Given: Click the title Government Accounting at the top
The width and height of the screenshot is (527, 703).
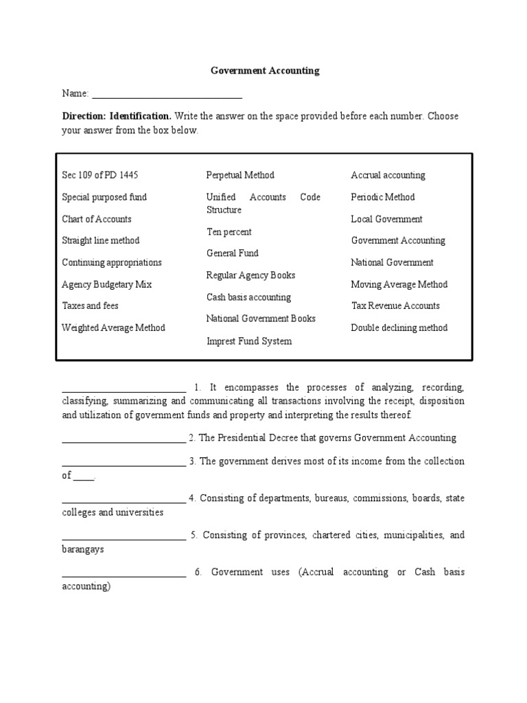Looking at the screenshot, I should (x=264, y=71).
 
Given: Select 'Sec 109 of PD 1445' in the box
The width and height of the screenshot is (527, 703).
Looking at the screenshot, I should (x=104, y=175).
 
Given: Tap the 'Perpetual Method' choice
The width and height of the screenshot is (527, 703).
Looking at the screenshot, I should (x=240, y=175).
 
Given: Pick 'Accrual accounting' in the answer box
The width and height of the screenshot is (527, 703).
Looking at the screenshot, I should (x=388, y=175).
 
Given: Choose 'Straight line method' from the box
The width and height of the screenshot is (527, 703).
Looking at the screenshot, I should (x=101, y=240).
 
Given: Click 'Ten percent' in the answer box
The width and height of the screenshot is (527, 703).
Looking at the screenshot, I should (x=229, y=232).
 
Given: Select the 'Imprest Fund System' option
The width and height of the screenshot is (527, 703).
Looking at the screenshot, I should (x=249, y=341).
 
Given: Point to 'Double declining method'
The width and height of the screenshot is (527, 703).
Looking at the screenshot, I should (x=399, y=327).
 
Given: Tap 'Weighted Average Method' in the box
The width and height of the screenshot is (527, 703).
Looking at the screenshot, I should (x=113, y=327).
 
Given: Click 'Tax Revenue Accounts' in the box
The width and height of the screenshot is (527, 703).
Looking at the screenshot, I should (x=395, y=306).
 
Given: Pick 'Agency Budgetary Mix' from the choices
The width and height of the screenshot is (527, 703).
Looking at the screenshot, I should (x=107, y=284).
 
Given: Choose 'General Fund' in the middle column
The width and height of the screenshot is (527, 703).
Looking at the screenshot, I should (x=233, y=253).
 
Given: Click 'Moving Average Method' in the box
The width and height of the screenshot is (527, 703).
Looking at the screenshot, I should (x=399, y=284).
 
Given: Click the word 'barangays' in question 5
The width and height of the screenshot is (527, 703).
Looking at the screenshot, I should (x=83, y=550).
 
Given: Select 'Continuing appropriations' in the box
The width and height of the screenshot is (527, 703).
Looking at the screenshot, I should (x=112, y=262).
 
